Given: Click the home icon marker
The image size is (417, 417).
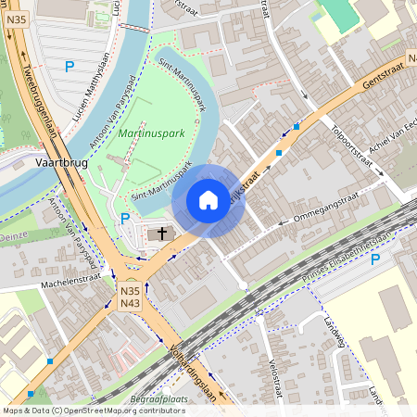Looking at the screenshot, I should pyautogui.click(x=208, y=200).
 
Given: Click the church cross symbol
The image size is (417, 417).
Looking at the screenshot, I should pyautogui.click(x=162, y=233).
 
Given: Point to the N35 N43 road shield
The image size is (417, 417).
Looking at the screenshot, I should pyautogui.click(x=130, y=297).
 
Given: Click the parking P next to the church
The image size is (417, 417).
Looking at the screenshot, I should pyautogui.click(x=125, y=218).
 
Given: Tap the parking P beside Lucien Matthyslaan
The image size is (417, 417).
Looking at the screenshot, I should pyautogui.click(x=69, y=66).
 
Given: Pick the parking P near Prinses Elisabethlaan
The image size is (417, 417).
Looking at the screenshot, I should pyautogui.click(x=375, y=259).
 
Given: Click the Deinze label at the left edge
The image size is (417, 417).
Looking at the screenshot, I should pyautogui.click(x=14, y=237).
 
